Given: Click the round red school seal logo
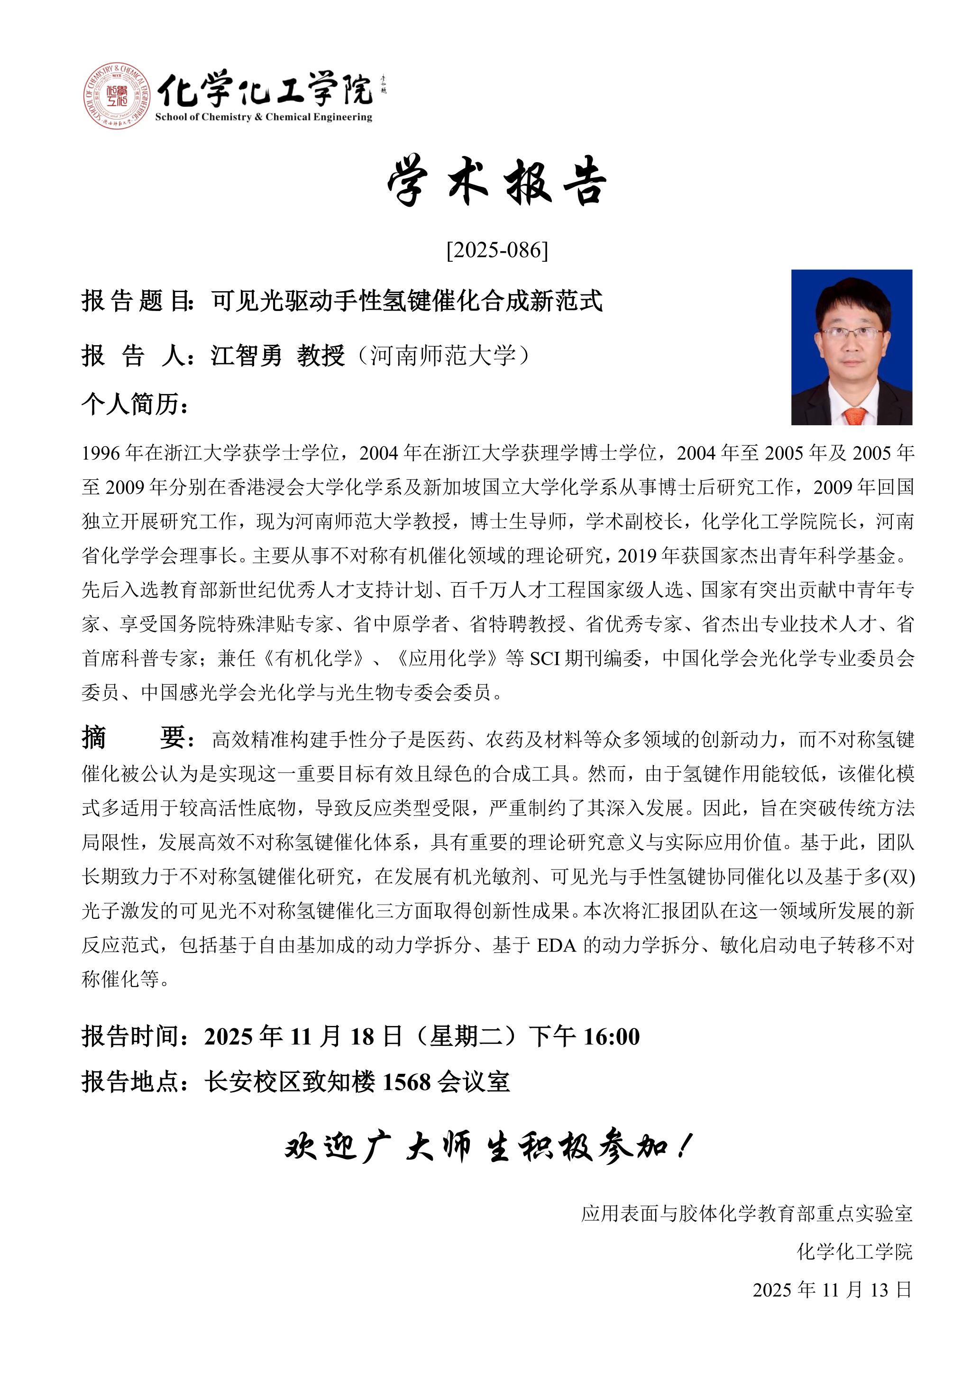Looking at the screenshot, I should [x=117, y=96].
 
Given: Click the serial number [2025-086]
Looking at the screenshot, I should [x=497, y=250].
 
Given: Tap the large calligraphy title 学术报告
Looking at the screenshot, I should [x=497, y=181].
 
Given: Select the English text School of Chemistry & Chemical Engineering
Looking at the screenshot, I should [x=263, y=117].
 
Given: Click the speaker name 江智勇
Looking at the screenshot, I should [x=247, y=356].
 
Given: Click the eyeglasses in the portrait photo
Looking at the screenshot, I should [x=852, y=332].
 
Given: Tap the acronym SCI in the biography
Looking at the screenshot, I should [x=544, y=659].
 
